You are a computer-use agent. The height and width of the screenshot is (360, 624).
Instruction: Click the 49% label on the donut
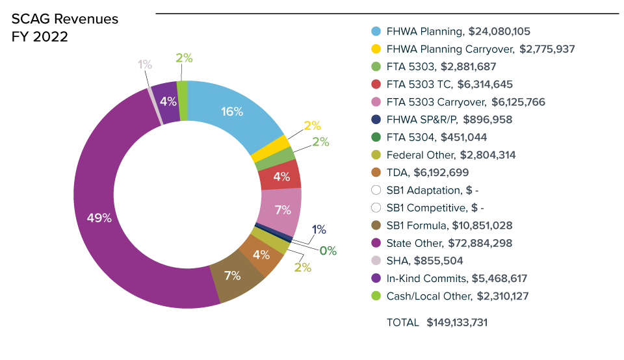tap(99, 218)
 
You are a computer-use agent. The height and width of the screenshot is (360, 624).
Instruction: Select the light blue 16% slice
tap(233, 111)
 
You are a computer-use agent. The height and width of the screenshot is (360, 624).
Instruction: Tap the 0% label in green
tap(328, 251)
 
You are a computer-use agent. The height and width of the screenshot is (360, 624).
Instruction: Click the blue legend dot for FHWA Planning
tap(376, 31)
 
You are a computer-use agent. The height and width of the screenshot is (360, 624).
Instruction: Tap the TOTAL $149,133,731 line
tap(437, 322)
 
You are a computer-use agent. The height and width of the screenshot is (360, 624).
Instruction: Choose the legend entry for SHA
tap(398, 261)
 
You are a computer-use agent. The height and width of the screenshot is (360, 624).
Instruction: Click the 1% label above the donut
tap(144, 64)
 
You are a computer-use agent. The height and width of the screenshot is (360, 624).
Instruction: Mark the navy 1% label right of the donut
tap(318, 229)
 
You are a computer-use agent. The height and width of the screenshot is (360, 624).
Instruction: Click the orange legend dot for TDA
tap(376, 173)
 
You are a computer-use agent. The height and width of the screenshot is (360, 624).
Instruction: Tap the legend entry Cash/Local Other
tap(428, 296)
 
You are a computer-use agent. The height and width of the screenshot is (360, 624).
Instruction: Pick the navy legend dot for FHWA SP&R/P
tap(376, 120)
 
